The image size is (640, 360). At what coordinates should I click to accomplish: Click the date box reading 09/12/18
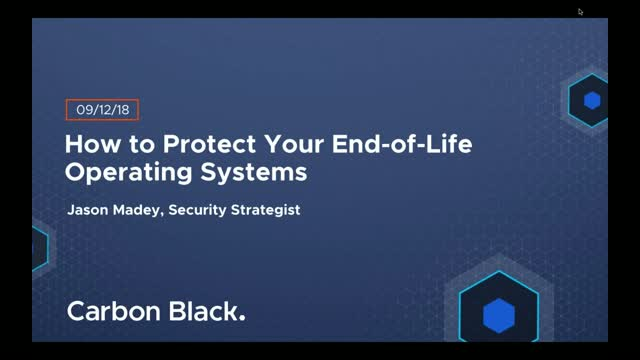[103, 110]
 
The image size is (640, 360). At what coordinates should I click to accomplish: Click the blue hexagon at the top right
[592, 100]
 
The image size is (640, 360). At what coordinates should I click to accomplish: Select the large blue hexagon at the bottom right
[498, 315]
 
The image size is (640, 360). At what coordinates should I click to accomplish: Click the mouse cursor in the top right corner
[580, 12]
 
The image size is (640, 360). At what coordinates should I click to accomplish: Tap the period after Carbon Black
[242, 319]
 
